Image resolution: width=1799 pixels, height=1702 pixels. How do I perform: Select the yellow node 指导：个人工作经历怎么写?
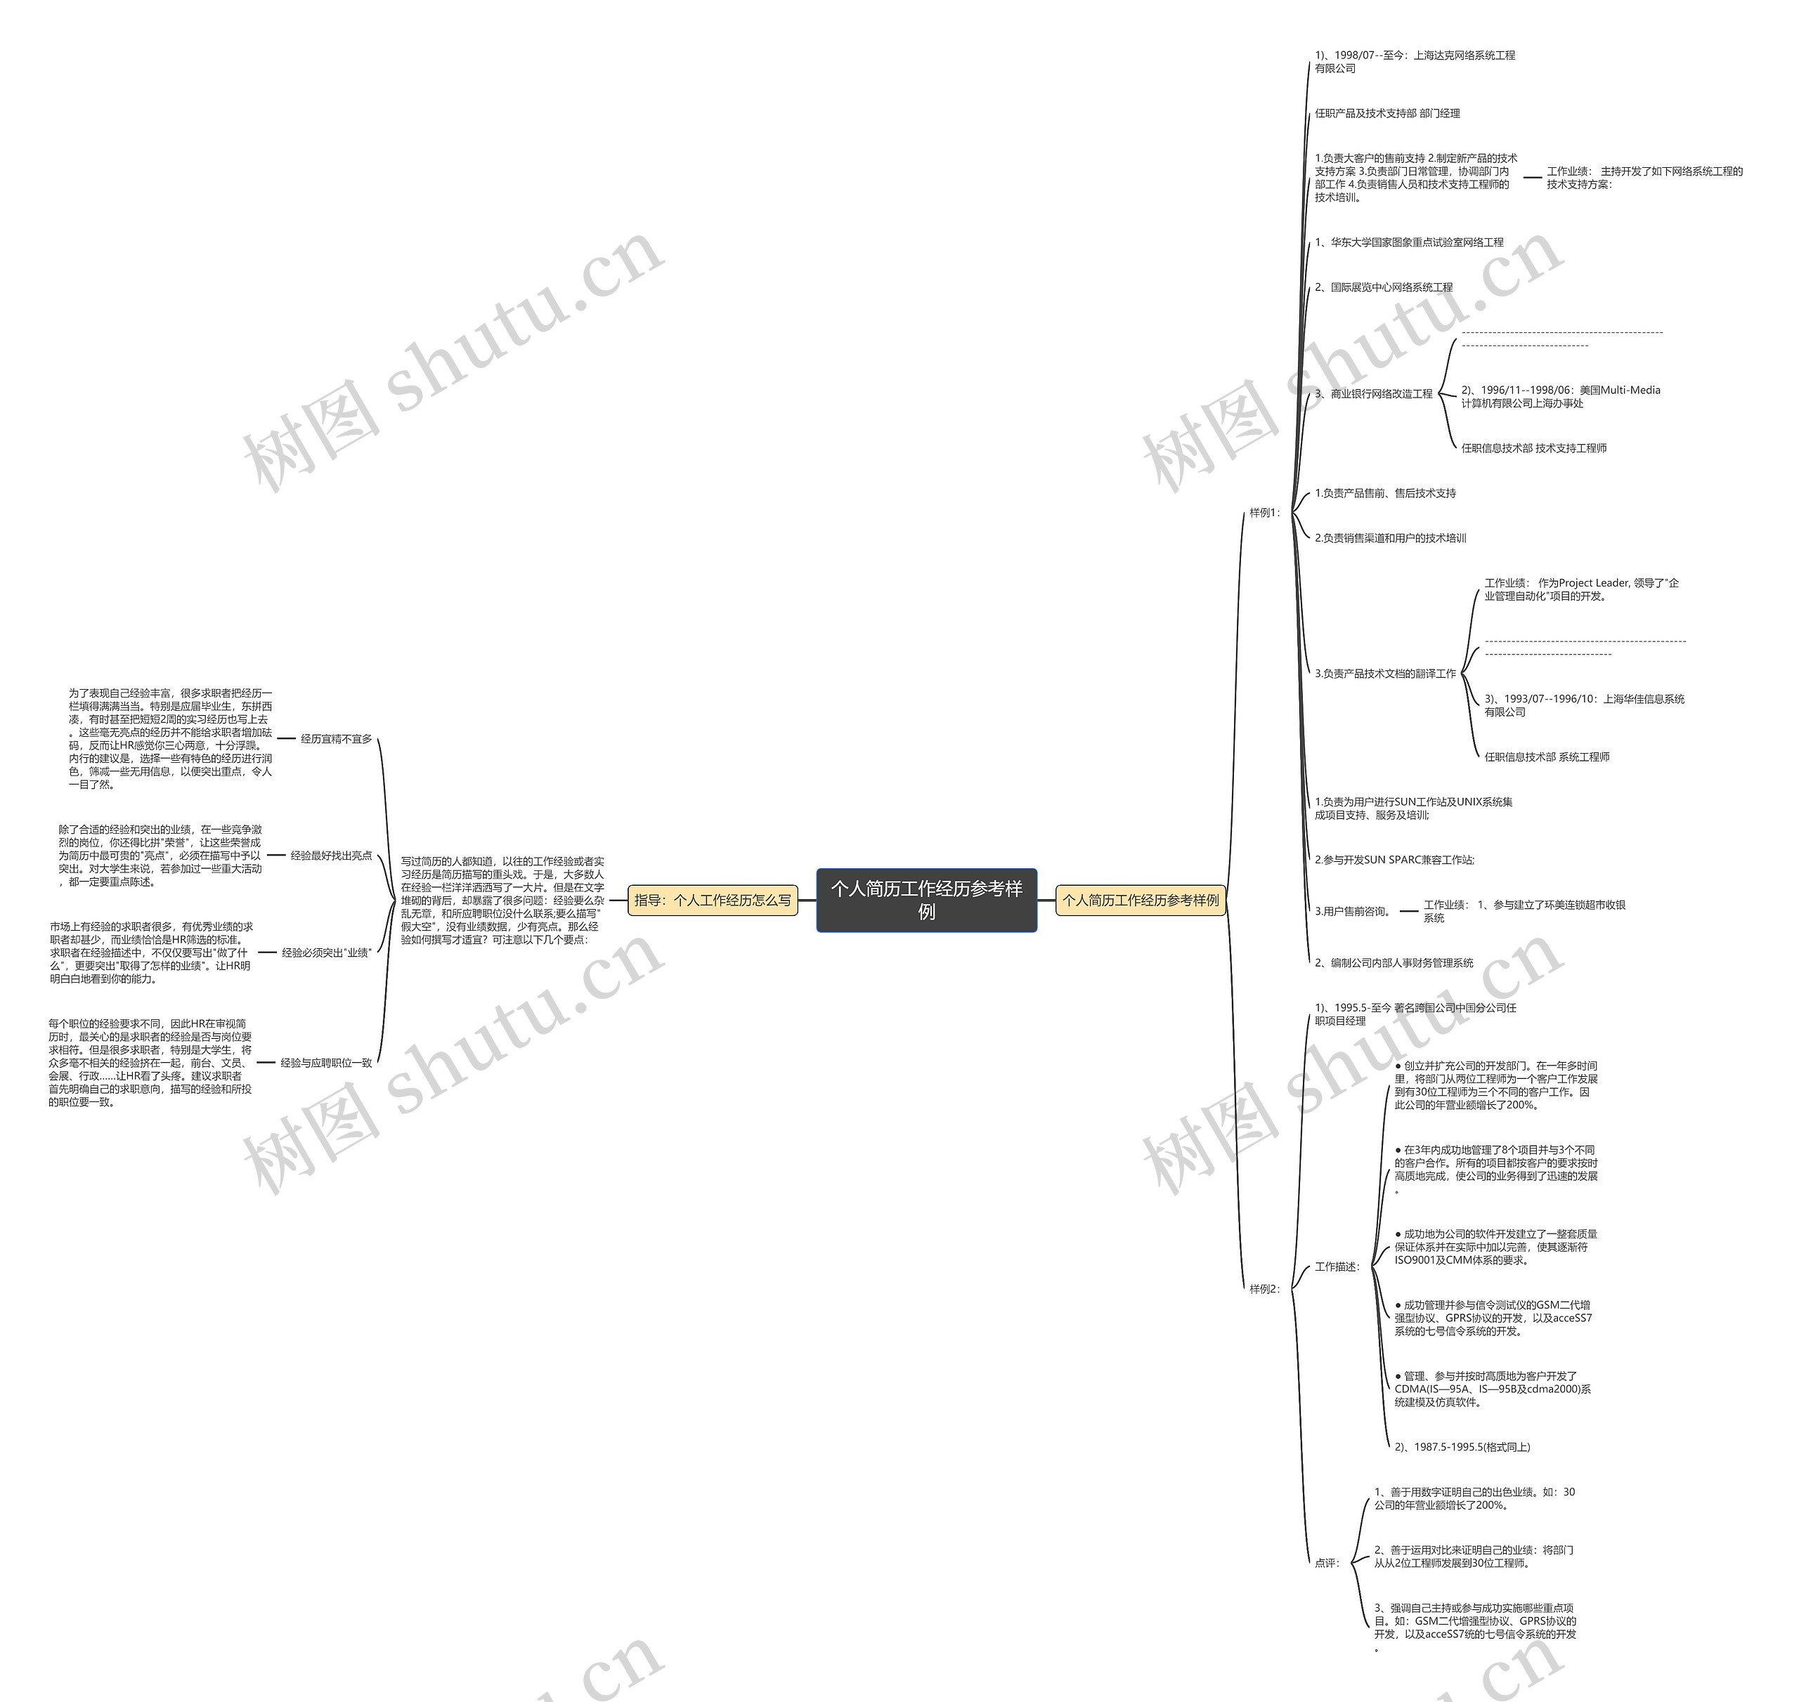pos(713,900)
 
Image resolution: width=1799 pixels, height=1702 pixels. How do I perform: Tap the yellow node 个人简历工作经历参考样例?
pos(1141,900)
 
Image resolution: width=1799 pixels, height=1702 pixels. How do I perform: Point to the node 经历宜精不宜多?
pos(336,740)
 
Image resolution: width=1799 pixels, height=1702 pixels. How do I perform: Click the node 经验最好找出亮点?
pos(330,856)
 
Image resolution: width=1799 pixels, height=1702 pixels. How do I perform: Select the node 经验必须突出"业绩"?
pos(327,953)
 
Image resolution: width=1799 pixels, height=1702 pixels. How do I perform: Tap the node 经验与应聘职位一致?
pos(326,1062)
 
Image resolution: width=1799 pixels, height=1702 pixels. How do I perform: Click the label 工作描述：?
pos(1338,1266)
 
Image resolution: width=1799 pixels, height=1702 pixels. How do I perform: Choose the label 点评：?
pos(1327,1563)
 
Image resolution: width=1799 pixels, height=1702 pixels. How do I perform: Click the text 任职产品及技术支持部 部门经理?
pos(1387,113)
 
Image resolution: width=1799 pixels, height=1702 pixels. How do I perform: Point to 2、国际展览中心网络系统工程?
pos(1383,287)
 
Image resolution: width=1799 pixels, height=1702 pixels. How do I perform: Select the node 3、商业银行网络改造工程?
pos(1373,394)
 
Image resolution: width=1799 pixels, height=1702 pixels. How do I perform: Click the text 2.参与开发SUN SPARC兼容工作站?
pos(1394,860)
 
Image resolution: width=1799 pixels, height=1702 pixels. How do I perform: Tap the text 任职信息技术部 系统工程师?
pos(1547,757)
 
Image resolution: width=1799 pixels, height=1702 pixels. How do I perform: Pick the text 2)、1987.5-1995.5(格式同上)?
pos(1462,1447)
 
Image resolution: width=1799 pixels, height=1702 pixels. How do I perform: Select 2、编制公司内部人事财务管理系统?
pos(1394,962)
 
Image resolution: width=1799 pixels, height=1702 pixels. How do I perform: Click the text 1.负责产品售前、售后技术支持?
pos(1385,494)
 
